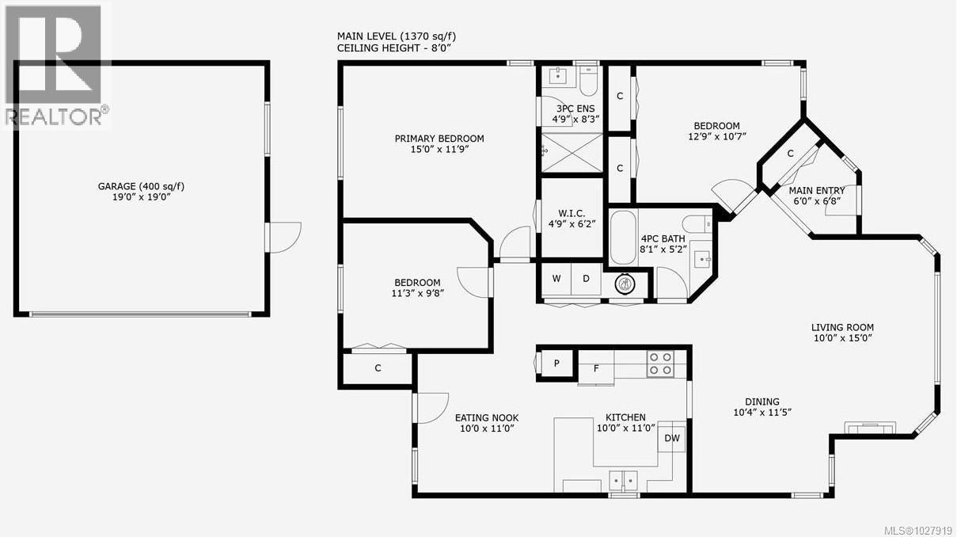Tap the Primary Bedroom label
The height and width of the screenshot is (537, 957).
pyautogui.click(x=439, y=139)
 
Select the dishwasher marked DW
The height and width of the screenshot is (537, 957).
pyautogui.click(x=672, y=438)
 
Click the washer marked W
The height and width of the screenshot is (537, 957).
pyautogui.click(x=556, y=279)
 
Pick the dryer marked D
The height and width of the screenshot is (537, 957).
pyautogui.click(x=586, y=279)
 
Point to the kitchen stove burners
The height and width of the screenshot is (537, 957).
pyautogui.click(x=660, y=364)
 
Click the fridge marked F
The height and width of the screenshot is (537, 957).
pyautogui.click(x=596, y=368)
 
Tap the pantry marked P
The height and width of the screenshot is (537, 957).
pyautogui.click(x=556, y=364)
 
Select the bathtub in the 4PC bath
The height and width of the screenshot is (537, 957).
pyautogui.click(x=623, y=235)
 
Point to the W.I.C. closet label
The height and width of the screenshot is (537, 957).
pyautogui.click(x=572, y=211)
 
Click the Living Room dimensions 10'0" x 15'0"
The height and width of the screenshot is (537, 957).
pyautogui.click(x=842, y=338)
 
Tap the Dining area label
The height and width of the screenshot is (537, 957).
pyautogui.click(x=761, y=402)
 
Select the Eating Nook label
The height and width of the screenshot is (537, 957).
pyautogui.click(x=486, y=417)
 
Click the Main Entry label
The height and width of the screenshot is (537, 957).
pyautogui.click(x=817, y=190)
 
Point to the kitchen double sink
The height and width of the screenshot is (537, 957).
pyautogui.click(x=625, y=480)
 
